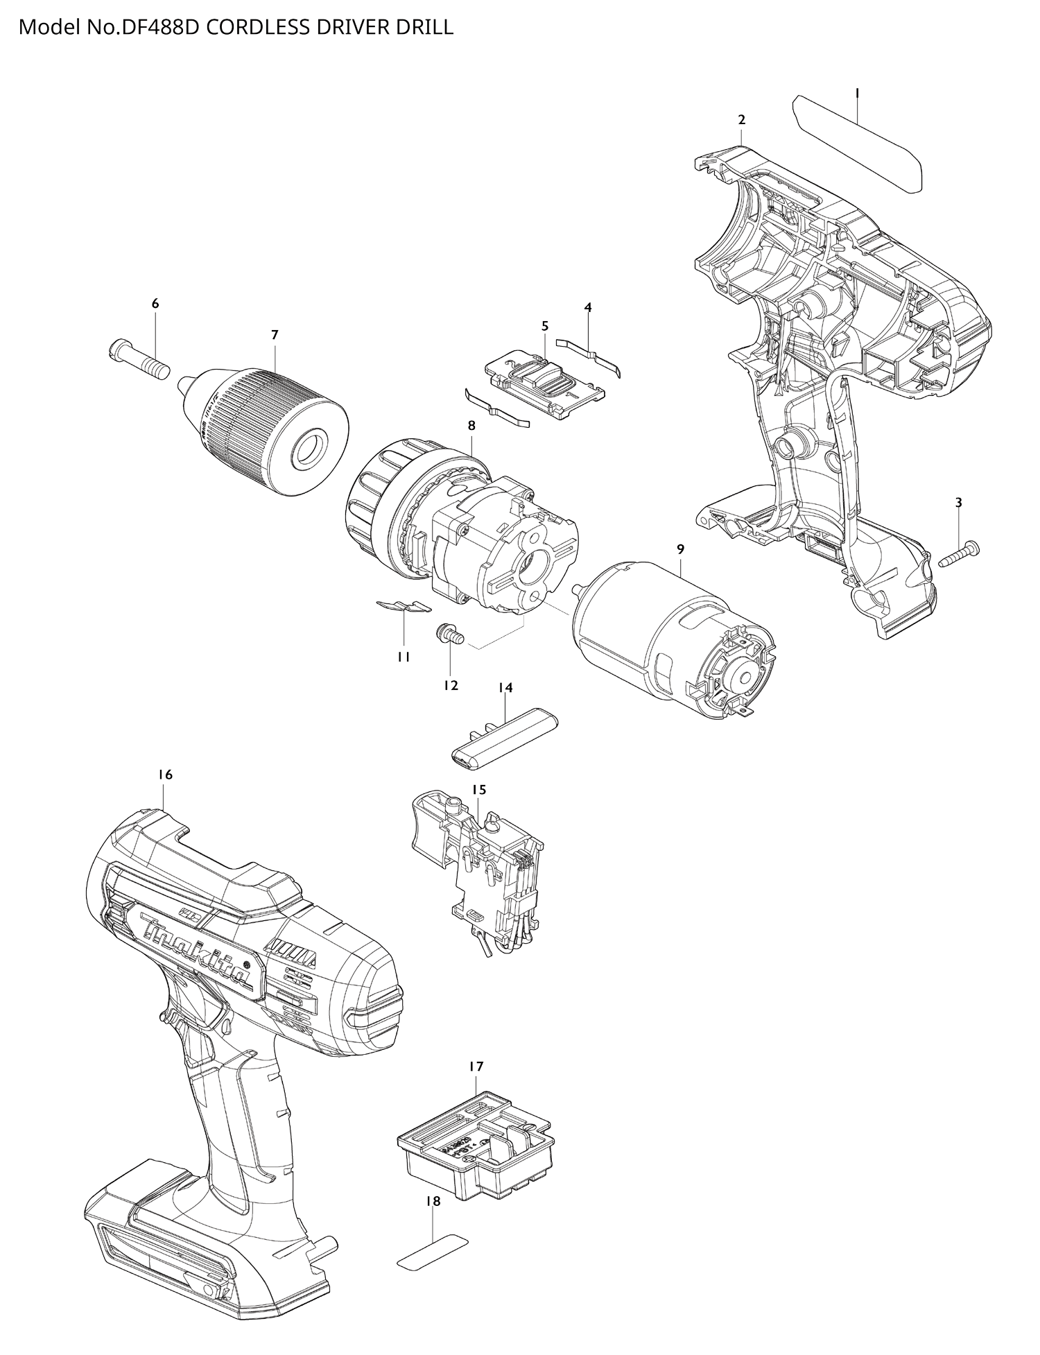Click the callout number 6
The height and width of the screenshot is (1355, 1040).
click(155, 303)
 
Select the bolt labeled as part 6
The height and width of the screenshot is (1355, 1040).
click(139, 358)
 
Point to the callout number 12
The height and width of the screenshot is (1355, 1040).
click(451, 685)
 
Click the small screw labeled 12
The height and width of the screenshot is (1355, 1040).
click(448, 633)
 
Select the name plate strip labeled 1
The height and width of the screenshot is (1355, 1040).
click(858, 143)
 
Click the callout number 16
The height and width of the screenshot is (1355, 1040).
click(164, 775)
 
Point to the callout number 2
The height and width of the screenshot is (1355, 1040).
click(741, 119)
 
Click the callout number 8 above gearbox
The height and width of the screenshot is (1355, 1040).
click(471, 425)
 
